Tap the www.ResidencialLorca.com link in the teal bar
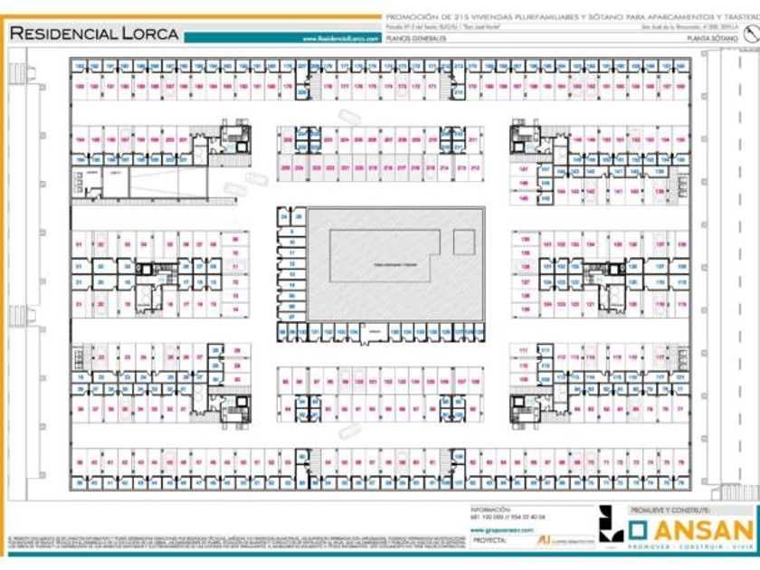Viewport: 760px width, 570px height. pos(340,39)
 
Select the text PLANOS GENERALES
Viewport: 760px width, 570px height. pos(413,39)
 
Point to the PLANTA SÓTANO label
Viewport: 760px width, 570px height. pos(709,39)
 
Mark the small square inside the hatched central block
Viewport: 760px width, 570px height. pos(463,242)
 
